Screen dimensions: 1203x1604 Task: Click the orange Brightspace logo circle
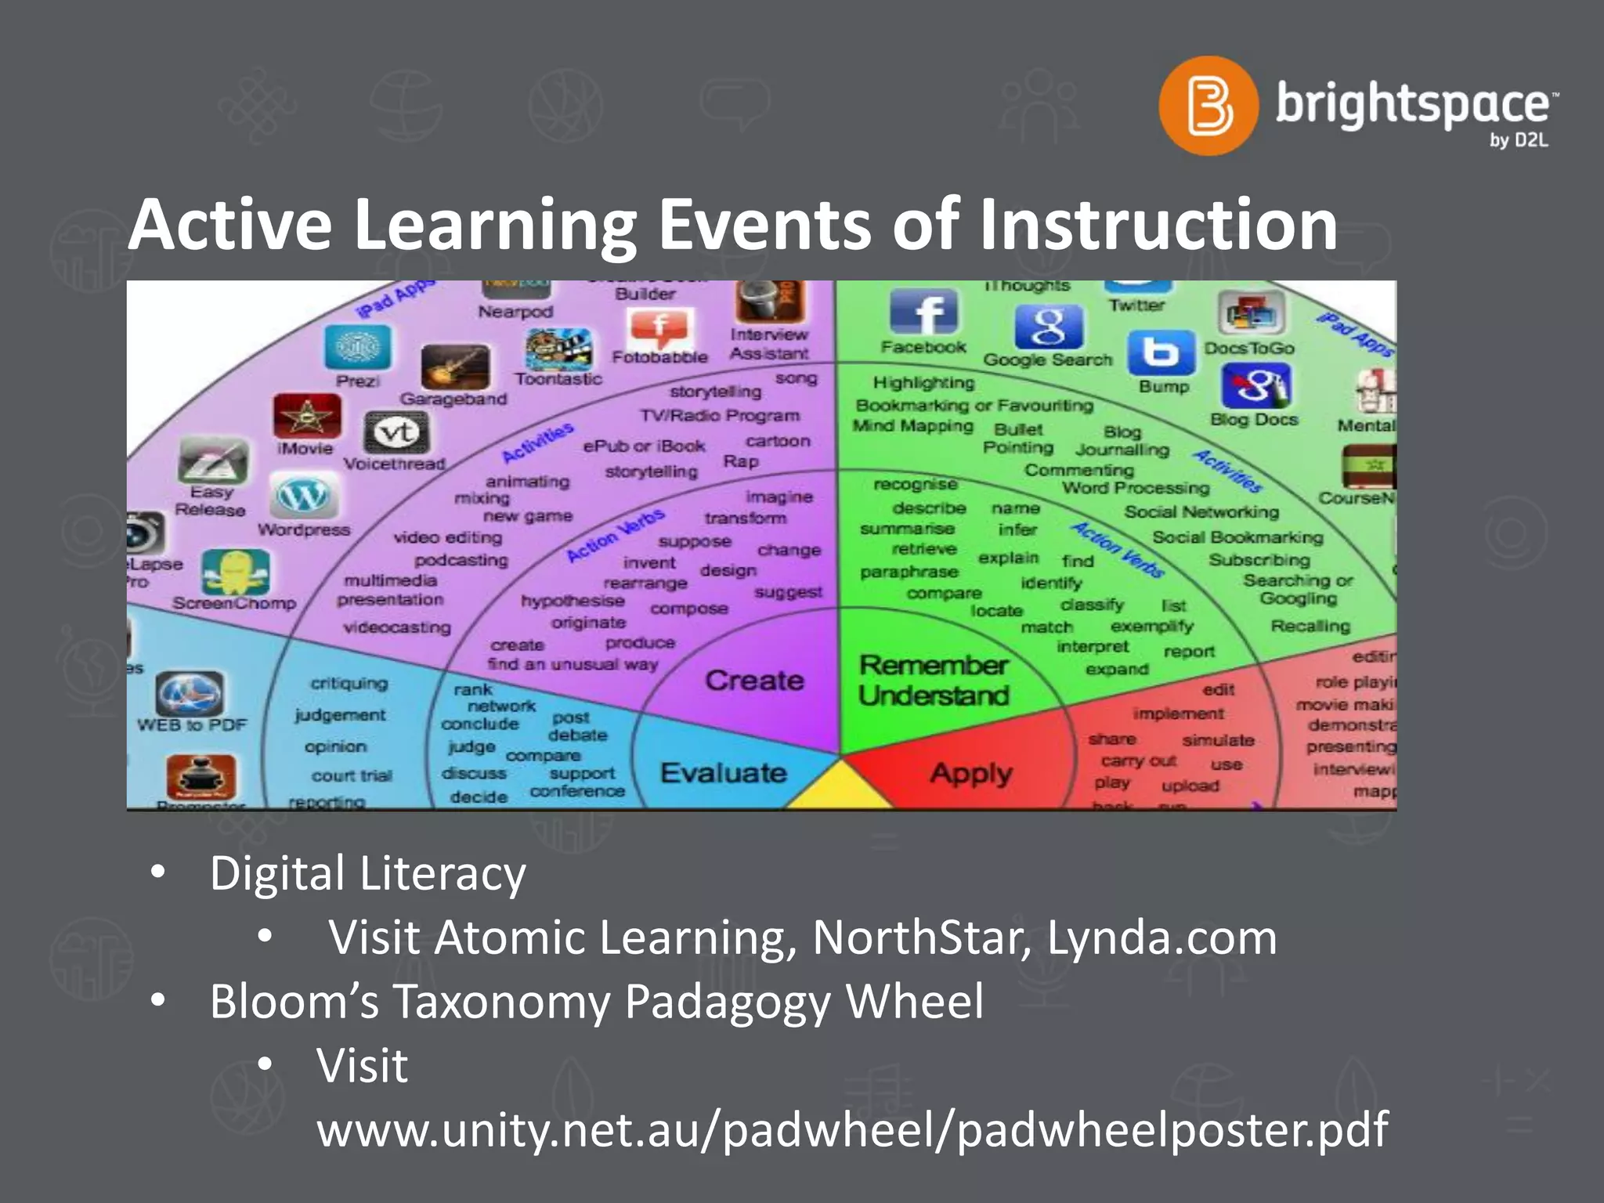[x=1208, y=106]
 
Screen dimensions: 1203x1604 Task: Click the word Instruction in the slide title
[x=1159, y=225]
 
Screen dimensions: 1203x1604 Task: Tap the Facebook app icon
[x=923, y=312]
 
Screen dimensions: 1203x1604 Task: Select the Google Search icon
[x=1049, y=327]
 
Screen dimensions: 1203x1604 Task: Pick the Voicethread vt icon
[x=396, y=432]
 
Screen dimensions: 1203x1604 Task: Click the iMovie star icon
[x=307, y=416]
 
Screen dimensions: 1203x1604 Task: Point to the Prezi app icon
[x=358, y=347]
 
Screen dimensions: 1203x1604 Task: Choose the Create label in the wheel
[x=754, y=681]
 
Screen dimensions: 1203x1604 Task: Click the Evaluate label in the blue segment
[x=723, y=773]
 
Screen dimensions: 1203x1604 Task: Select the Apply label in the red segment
[x=971, y=774]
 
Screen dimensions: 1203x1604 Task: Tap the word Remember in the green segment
[x=933, y=666]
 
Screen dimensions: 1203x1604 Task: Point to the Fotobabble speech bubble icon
[x=660, y=329]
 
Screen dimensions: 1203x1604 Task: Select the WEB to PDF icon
[x=190, y=694]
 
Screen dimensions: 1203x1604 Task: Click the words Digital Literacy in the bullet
[x=367, y=873]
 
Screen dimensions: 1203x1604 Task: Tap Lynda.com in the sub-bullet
[x=1162, y=937]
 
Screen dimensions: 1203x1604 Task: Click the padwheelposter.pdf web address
[x=852, y=1129]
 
